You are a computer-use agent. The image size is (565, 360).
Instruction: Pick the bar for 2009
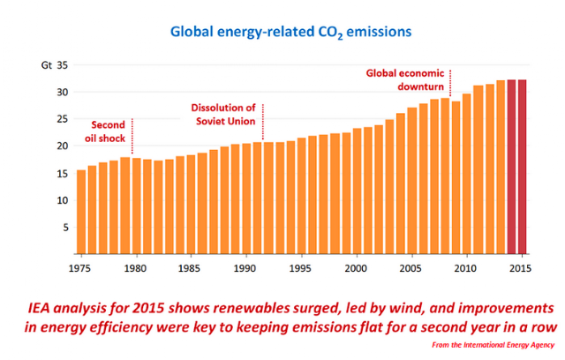tap(456, 177)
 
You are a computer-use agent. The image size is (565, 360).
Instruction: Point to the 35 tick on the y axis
tap(62, 65)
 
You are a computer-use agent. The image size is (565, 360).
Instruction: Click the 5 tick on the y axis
tap(64, 227)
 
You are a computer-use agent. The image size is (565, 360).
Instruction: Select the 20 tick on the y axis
tap(62, 146)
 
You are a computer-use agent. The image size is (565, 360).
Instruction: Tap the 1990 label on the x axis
tap(245, 267)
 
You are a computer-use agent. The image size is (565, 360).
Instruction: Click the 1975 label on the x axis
tap(81, 267)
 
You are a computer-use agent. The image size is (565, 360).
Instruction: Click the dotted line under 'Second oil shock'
tap(132, 137)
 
